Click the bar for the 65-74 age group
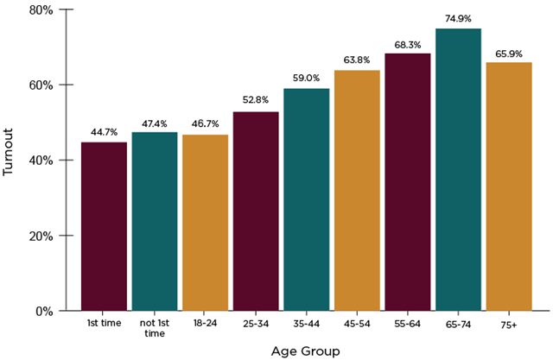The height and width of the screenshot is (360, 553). [x=458, y=169]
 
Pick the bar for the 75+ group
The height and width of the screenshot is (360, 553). [x=509, y=186]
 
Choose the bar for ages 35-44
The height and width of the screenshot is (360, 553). [x=306, y=199]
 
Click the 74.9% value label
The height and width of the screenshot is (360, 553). [x=458, y=18]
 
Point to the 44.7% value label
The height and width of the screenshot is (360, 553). [x=104, y=132]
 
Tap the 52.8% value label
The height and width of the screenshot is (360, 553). [x=255, y=101]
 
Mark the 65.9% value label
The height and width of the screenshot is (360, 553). [x=509, y=53]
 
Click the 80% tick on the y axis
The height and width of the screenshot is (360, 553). [x=40, y=10]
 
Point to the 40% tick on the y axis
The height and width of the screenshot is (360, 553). [x=40, y=161]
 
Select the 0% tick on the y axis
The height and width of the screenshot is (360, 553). [x=42, y=311]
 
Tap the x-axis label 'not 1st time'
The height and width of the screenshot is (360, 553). [x=155, y=328]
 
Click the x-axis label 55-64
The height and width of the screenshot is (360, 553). [x=407, y=324]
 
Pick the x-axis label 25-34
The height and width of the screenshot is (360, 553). [x=255, y=324]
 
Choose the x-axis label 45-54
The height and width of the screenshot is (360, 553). [x=357, y=324]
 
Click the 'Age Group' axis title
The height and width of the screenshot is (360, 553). [x=305, y=351]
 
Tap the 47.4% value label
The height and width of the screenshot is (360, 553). [x=155, y=123]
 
